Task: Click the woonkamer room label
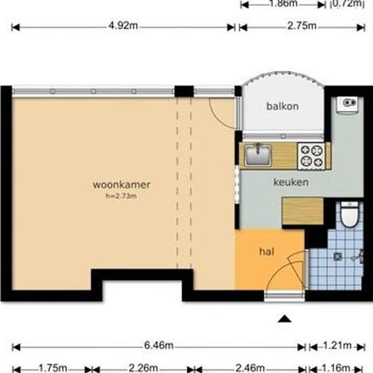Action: point(121,184)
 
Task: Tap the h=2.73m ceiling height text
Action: point(121,197)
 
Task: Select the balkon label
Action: point(282,106)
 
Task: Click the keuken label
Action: point(291,182)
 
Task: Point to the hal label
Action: point(267,251)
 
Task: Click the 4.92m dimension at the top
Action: point(124,27)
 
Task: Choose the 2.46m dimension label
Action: point(251,368)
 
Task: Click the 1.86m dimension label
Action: point(283,3)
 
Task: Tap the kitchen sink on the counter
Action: point(258,155)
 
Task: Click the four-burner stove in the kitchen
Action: point(312,156)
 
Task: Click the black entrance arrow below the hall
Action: point(286,317)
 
